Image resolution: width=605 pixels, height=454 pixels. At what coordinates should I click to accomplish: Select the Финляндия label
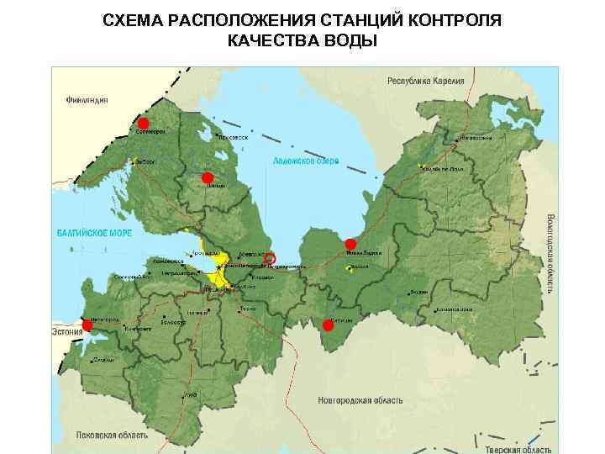click(x=86, y=100)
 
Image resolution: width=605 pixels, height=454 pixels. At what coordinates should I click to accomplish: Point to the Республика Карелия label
click(x=424, y=82)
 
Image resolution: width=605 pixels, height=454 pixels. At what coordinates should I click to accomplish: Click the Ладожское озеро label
click(x=305, y=161)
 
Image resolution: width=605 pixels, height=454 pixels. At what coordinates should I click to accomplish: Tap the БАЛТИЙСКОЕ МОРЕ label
click(x=94, y=232)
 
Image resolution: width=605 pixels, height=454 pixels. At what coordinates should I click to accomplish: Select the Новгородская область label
click(x=362, y=400)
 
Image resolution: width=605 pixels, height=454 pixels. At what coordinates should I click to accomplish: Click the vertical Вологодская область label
click(x=550, y=252)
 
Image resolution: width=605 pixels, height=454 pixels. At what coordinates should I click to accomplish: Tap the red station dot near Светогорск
click(x=143, y=124)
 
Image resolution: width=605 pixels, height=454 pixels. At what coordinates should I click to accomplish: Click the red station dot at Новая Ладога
click(x=350, y=244)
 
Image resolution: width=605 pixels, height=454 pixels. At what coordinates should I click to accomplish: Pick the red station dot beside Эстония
click(x=87, y=325)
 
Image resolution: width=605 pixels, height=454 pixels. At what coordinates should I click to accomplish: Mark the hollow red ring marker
click(x=270, y=257)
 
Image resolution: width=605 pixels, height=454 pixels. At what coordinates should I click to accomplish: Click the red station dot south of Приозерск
click(x=207, y=177)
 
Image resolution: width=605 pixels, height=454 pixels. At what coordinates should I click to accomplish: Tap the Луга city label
click(x=191, y=394)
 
